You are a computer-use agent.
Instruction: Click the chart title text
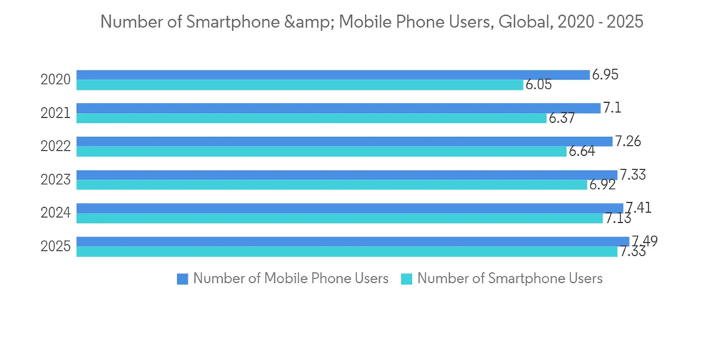pos(371,22)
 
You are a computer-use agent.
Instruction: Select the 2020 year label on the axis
pos(55,80)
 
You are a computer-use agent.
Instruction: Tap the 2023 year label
pos(55,180)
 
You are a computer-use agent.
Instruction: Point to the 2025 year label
pos(55,247)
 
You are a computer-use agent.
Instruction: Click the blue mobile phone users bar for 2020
pos(333,75)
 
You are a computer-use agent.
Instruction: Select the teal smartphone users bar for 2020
pos(300,85)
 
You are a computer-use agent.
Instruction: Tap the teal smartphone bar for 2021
pos(311,119)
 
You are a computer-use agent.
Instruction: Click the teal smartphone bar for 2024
pos(339,219)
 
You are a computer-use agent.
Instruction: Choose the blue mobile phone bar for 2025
pos(353,241)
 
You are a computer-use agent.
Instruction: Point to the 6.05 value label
pos(538,85)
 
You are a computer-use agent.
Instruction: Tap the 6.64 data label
pos(582,151)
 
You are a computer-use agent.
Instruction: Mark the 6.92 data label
pos(602,185)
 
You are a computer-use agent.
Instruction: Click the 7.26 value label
pos(628,141)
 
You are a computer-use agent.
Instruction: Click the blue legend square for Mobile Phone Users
pos(183,279)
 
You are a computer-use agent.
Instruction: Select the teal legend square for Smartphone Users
pos(407,279)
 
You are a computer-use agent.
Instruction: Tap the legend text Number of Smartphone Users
pos(510,279)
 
